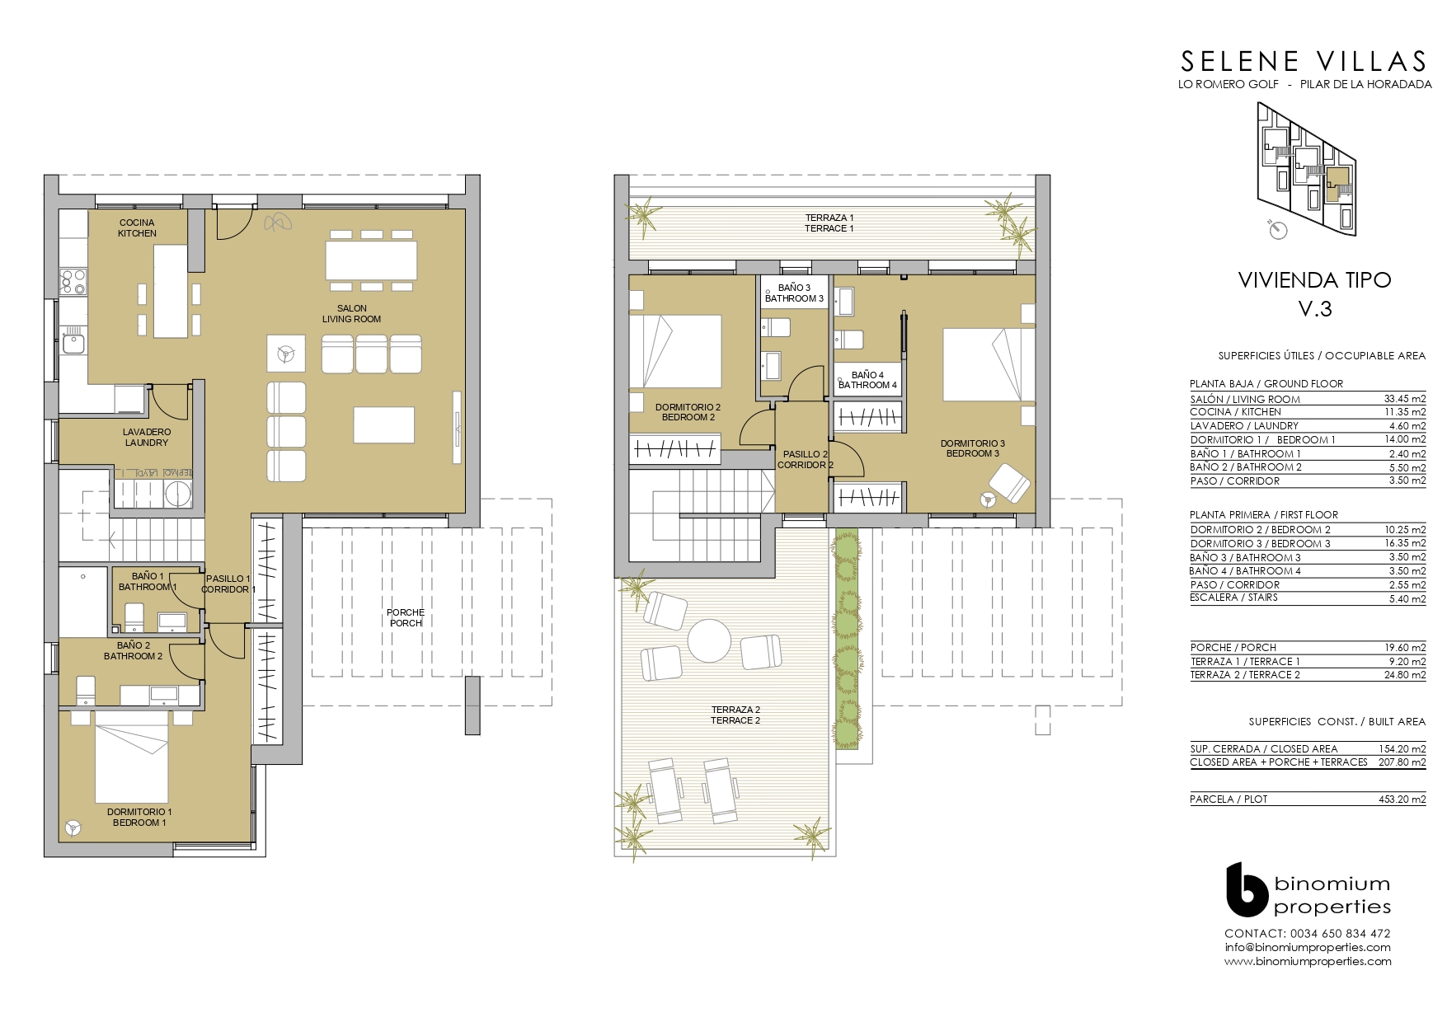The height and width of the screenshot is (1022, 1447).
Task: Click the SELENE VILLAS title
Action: (1304, 61)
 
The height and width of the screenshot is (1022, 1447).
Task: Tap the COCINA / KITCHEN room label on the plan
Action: (137, 227)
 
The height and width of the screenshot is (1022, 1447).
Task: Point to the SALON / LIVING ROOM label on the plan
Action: (351, 314)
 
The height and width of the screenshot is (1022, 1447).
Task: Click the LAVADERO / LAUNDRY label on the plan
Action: (147, 437)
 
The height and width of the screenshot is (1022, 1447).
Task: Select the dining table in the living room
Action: (371, 260)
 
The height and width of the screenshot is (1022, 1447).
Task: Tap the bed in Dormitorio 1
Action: (132, 762)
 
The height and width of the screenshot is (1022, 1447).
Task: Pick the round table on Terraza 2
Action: (709, 640)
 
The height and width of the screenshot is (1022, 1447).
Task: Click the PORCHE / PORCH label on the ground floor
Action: (406, 617)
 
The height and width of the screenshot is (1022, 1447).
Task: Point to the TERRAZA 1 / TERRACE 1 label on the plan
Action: (829, 223)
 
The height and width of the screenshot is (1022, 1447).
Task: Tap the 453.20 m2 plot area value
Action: (1402, 799)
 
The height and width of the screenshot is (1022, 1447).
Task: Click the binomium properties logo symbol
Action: (1246, 889)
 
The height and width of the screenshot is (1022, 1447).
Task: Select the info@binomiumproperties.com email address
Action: (1308, 947)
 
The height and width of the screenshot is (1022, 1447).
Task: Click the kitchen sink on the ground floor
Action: (73, 340)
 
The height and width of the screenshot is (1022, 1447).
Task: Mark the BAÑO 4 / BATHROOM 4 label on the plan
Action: (867, 380)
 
